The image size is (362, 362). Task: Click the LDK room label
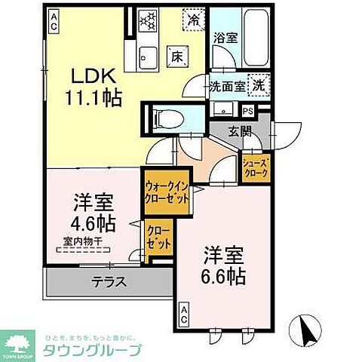click(x=94, y=75)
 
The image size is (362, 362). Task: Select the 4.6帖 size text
click(x=94, y=223)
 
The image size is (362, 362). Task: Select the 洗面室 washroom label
click(x=227, y=87)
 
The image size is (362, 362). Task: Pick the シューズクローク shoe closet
click(x=256, y=167)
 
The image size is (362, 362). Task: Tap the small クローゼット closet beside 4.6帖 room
click(x=158, y=238)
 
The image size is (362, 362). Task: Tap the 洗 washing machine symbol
click(x=259, y=85)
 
